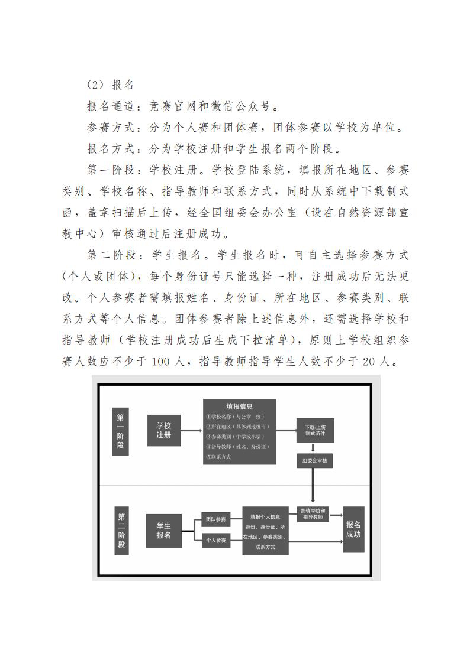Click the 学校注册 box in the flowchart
pyautogui.click(x=164, y=431)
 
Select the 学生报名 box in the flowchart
pyautogui.click(x=164, y=531)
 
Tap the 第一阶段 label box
pyautogui.click(x=120, y=431)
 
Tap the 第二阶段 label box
pyautogui.click(x=121, y=531)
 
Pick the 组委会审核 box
pyautogui.click(x=314, y=460)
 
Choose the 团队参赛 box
pyautogui.click(x=215, y=519)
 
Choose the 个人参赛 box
pyautogui.click(x=215, y=540)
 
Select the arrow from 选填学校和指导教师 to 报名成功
pyautogui.click(x=335, y=515)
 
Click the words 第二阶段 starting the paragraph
pyautogui.click(x=110, y=255)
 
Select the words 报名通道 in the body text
pyautogui.click(x=110, y=106)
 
